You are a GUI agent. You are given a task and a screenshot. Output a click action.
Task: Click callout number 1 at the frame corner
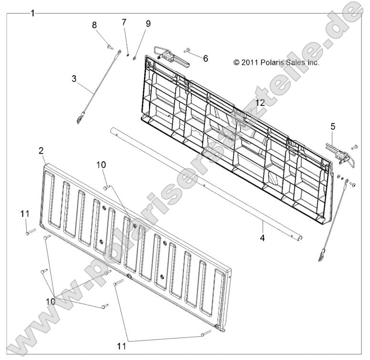click(33, 13)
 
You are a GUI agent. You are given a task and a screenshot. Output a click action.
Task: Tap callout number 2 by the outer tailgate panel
click(41, 151)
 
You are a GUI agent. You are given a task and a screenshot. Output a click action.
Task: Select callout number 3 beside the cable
click(74, 79)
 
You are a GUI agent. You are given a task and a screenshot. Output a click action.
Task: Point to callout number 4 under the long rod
click(262, 238)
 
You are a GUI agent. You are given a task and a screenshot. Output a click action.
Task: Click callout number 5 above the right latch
click(333, 126)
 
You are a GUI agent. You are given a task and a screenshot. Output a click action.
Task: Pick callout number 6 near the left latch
click(206, 58)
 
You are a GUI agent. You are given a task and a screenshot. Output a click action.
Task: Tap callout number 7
click(124, 22)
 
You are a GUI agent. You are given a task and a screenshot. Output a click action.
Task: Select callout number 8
click(94, 25)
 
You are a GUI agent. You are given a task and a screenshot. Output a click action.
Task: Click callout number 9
click(148, 23)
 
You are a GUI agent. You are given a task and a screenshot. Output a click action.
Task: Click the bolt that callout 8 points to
click(110, 47)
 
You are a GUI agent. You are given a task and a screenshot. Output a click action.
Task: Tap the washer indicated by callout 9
click(134, 58)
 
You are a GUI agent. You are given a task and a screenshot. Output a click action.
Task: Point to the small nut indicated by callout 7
click(128, 55)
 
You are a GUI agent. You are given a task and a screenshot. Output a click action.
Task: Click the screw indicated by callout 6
click(186, 50)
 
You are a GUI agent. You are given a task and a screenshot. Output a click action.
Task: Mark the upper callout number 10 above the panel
click(101, 165)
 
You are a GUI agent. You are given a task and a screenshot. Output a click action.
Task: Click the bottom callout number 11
click(121, 346)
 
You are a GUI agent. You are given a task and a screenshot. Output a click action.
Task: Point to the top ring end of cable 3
click(119, 51)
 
